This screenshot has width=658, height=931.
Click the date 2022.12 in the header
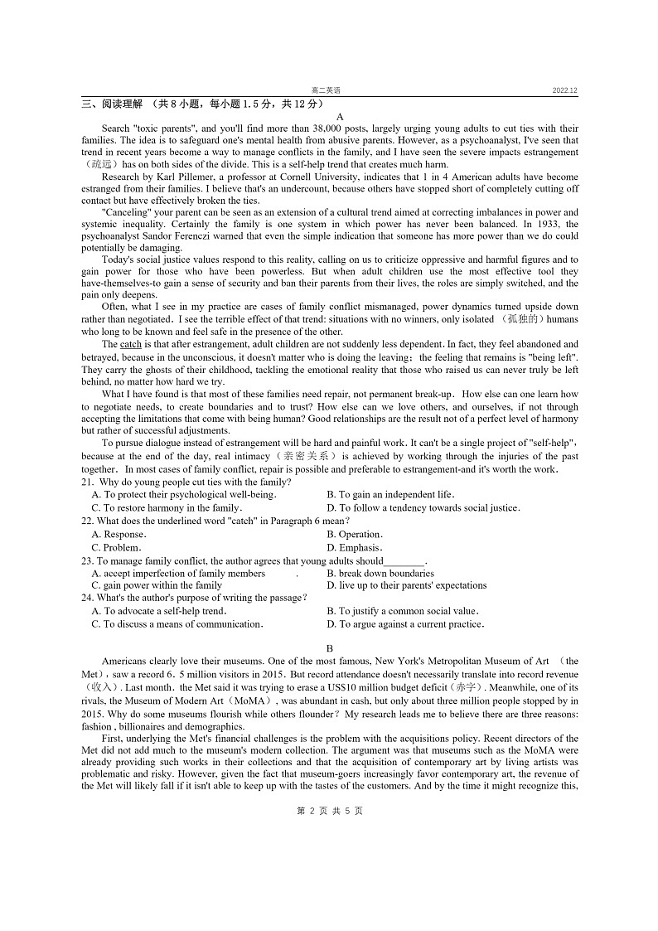(x=565, y=90)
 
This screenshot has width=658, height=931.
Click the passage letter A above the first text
(x=329, y=117)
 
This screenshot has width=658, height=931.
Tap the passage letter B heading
(x=329, y=648)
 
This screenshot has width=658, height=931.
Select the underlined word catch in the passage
(x=131, y=344)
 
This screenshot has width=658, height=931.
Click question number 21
(x=86, y=482)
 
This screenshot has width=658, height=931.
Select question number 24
(x=86, y=598)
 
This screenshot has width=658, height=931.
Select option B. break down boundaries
(x=380, y=574)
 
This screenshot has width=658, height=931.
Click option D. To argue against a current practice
(x=405, y=624)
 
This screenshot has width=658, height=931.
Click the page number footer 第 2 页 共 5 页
(x=329, y=811)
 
